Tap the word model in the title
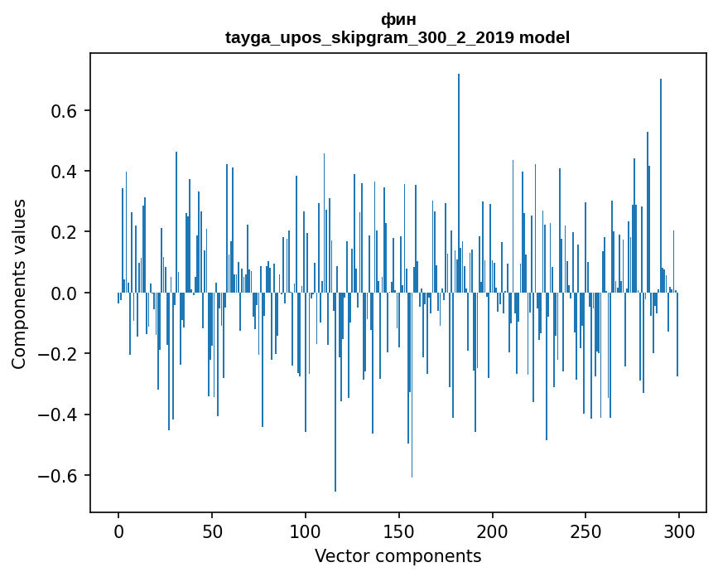544,37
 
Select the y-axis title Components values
19,284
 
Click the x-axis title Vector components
398,556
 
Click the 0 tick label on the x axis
118,531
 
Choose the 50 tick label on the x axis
212,531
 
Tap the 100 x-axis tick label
306,531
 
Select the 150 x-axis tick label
399,531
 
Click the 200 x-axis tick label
493,531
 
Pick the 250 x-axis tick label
585,531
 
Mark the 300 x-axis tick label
679,531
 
